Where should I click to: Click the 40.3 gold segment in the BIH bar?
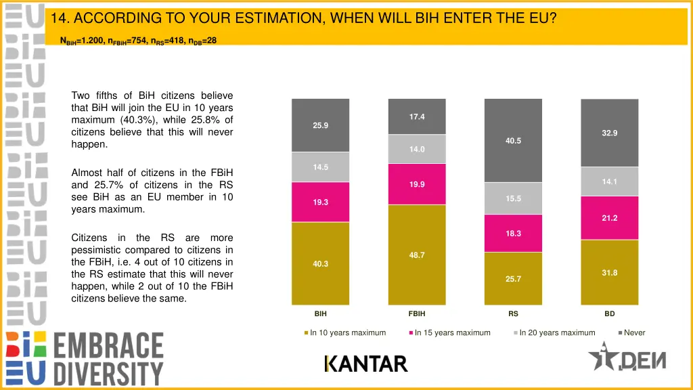point(320,263)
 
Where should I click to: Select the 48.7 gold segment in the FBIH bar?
point(417,255)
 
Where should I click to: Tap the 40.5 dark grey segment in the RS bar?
point(513,141)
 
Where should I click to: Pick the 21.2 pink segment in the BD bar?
point(609,218)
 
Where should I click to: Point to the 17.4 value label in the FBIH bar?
point(417,117)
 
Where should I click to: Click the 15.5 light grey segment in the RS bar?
point(513,198)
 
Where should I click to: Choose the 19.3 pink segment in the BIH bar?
point(320,202)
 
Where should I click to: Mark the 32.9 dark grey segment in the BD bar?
point(609,133)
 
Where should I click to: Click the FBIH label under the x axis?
point(417,314)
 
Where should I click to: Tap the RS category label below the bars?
point(513,314)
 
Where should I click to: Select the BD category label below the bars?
point(609,314)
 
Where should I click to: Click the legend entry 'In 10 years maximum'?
point(347,332)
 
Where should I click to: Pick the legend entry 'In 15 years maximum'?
point(452,332)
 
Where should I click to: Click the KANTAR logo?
point(366,364)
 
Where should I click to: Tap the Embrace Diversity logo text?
point(108,359)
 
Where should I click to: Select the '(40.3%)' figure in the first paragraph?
point(134,120)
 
